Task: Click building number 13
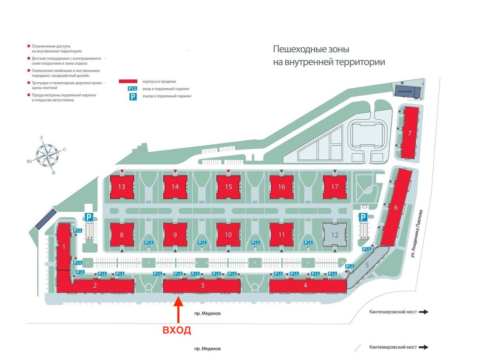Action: [x=122, y=187]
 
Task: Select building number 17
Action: [x=335, y=187]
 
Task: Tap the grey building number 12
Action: [x=335, y=235]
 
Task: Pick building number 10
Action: [x=228, y=235]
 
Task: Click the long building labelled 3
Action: [x=202, y=286]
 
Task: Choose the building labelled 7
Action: [x=409, y=133]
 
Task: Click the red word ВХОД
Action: [x=177, y=331]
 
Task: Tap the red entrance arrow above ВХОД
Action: [x=178, y=311]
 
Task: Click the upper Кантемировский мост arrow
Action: [x=424, y=312]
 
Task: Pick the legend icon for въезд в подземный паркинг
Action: [x=133, y=96]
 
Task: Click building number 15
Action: [x=228, y=187]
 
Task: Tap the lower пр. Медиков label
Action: [x=207, y=349]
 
